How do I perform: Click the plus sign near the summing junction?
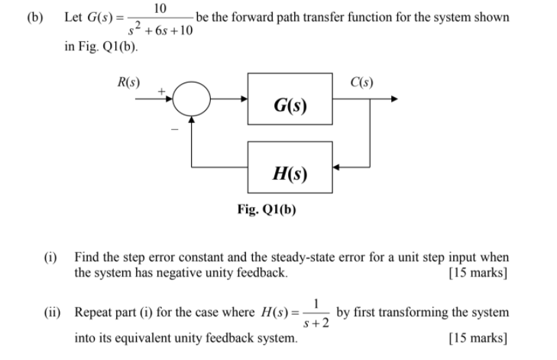pyautogui.click(x=162, y=91)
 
